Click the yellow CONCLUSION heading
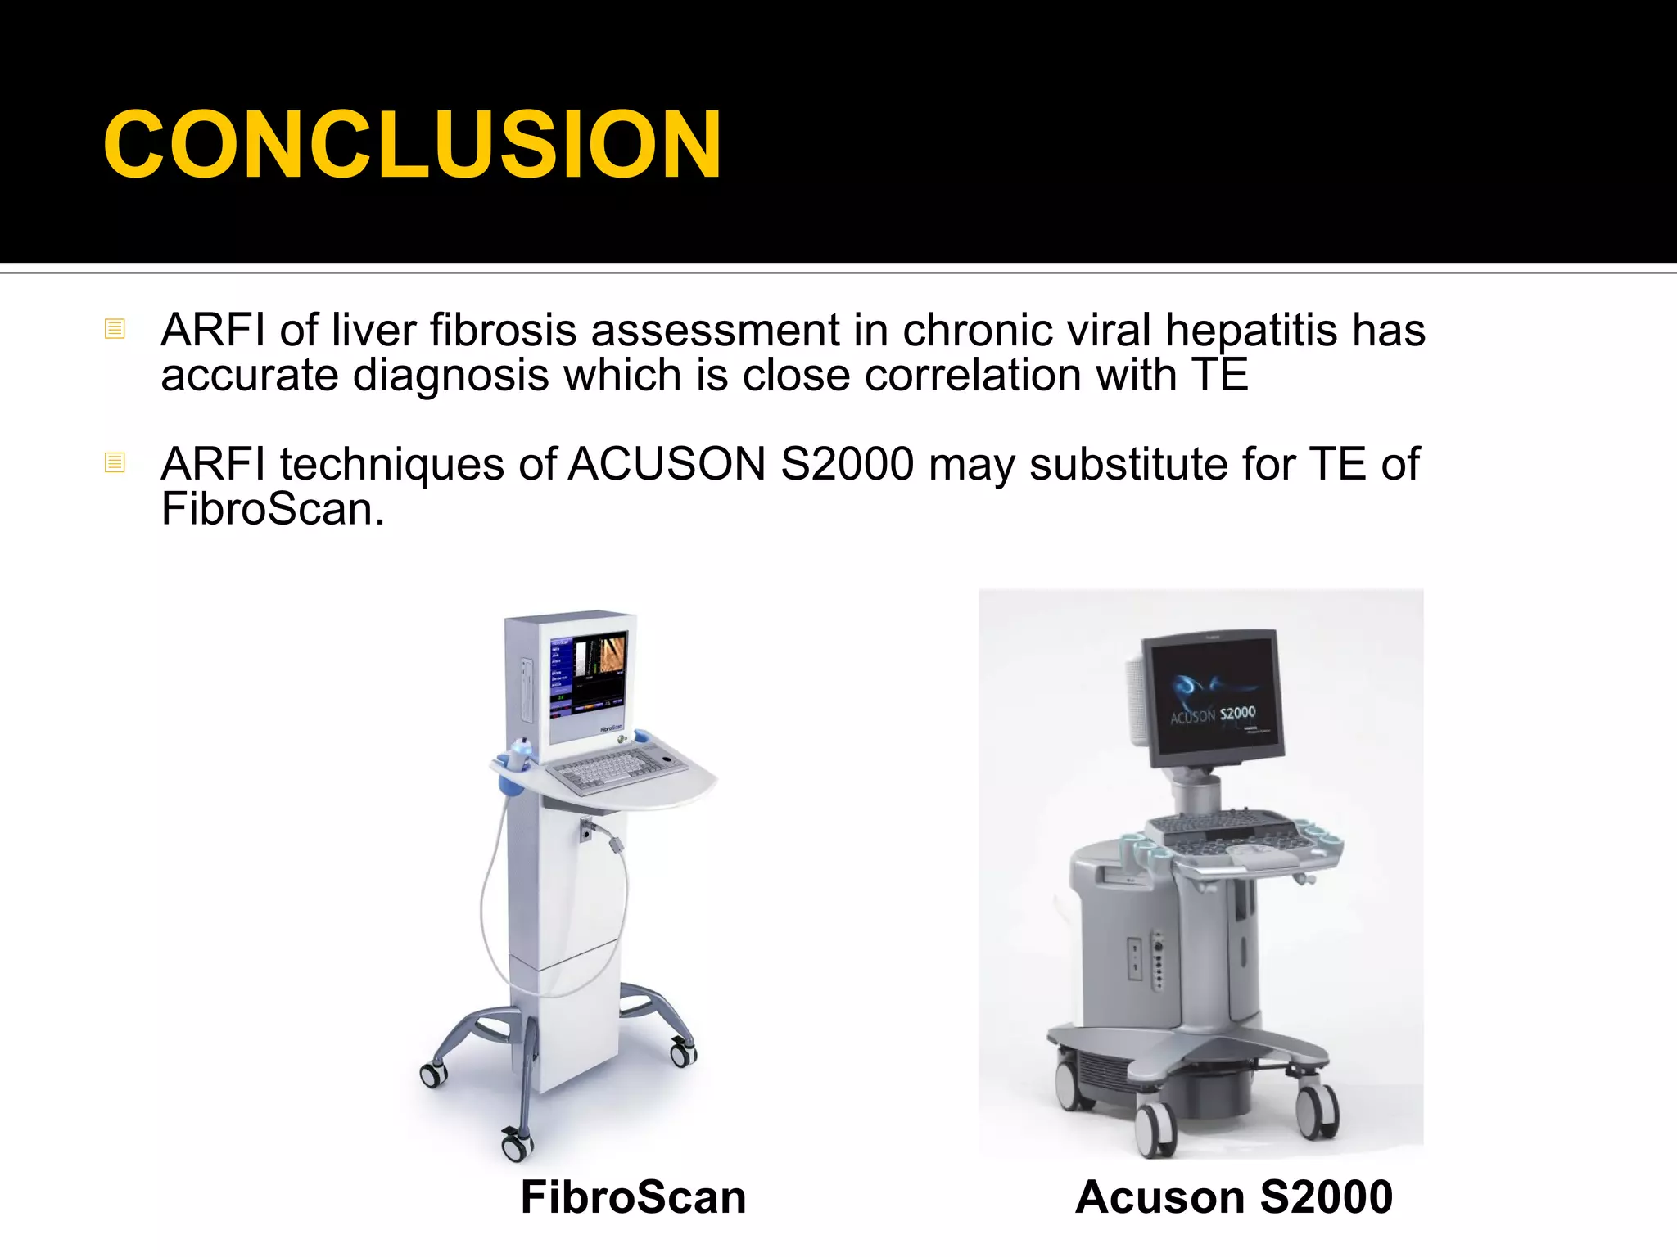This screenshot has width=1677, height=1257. (412, 145)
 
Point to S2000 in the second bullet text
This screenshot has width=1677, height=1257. (848, 464)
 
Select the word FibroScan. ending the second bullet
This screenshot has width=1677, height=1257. (273, 509)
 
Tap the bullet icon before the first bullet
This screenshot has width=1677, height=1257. (115, 329)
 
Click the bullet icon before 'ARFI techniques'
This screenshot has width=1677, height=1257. (115, 462)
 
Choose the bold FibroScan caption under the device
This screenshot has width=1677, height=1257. (633, 1197)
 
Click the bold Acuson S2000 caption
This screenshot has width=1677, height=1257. (1234, 1197)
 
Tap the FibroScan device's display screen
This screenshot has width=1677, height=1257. (588, 678)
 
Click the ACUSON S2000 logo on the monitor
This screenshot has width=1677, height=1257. (1213, 714)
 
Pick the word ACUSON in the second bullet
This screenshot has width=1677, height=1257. (667, 464)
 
